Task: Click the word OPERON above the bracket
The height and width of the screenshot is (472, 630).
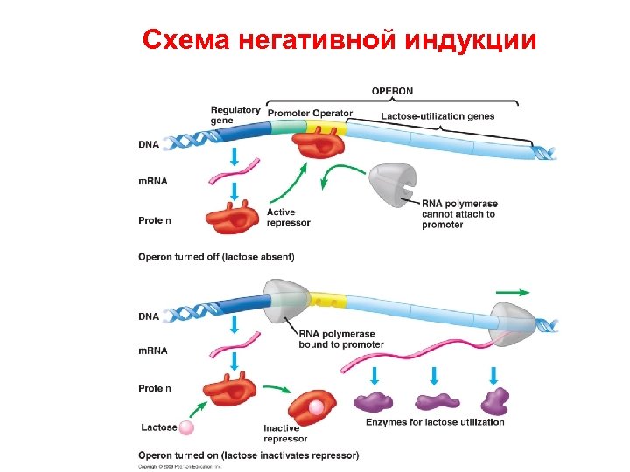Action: tap(393, 90)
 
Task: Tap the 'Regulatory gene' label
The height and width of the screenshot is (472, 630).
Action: tap(235, 115)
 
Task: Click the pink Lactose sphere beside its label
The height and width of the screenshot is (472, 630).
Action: tap(187, 428)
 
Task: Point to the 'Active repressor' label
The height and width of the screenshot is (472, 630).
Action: tap(288, 218)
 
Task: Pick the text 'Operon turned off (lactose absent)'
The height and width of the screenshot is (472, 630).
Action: tap(216, 257)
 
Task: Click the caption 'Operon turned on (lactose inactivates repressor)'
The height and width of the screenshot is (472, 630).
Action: tap(248, 455)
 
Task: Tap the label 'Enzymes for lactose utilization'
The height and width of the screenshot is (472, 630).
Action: tap(435, 422)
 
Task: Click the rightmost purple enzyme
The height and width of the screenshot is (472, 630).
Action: tap(495, 401)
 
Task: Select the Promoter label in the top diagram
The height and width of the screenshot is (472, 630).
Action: tap(288, 114)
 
